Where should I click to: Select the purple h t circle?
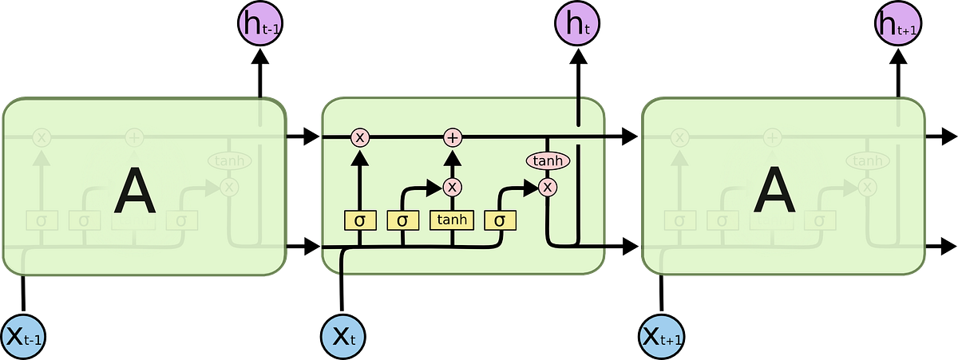click(x=576, y=26)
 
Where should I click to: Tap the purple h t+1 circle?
click(x=897, y=26)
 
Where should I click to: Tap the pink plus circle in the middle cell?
click(x=453, y=138)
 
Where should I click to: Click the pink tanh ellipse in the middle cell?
click(x=548, y=160)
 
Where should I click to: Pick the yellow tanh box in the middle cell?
click(x=453, y=220)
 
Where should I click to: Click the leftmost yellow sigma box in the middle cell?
click(x=359, y=220)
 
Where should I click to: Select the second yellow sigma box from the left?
click(x=402, y=220)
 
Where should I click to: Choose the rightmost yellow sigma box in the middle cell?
click(x=500, y=220)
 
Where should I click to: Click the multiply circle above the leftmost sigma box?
click(x=359, y=138)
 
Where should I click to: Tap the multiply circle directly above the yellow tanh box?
click(x=453, y=187)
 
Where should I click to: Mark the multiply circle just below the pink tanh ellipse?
click(x=548, y=187)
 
